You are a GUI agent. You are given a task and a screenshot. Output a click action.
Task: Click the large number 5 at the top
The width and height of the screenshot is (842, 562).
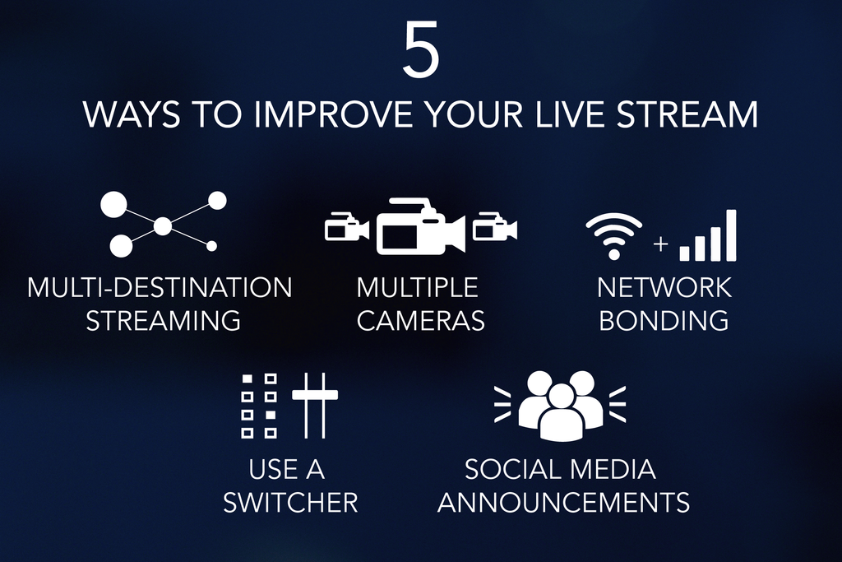pos(421,51)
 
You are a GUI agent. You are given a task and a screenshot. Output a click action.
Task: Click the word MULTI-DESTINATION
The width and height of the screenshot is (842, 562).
pos(160,287)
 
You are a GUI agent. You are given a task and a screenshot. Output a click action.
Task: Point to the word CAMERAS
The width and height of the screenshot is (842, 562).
pos(420,320)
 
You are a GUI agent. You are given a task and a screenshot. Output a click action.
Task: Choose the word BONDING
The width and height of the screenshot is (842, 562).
pos(664,320)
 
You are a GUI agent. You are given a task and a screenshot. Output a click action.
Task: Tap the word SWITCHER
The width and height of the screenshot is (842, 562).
pos(290,502)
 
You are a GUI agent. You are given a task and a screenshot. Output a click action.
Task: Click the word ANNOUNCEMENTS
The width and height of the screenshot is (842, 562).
pos(563,502)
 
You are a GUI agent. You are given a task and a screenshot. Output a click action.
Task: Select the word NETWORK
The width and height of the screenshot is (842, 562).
pos(664,287)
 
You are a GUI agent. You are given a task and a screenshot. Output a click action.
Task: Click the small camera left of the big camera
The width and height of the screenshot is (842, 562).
pos(345,228)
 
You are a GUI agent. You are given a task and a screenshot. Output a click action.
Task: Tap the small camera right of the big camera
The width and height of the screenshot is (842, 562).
pos(494,228)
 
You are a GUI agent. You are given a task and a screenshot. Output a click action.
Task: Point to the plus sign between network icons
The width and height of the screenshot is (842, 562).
pos(660,244)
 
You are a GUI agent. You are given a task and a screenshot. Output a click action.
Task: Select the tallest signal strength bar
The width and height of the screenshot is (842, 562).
pos(730,235)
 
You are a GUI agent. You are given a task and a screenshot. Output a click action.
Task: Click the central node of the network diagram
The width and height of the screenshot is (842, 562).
pos(163,225)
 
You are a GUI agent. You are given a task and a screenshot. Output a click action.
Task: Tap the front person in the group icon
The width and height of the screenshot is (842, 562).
pos(561,411)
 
